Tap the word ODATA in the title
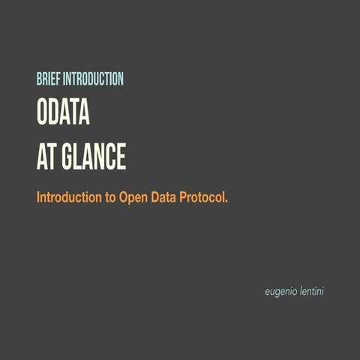click(63, 112)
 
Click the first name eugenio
click(282, 290)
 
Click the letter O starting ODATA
click(43, 112)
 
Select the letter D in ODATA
click(54, 112)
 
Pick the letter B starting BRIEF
click(38, 79)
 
